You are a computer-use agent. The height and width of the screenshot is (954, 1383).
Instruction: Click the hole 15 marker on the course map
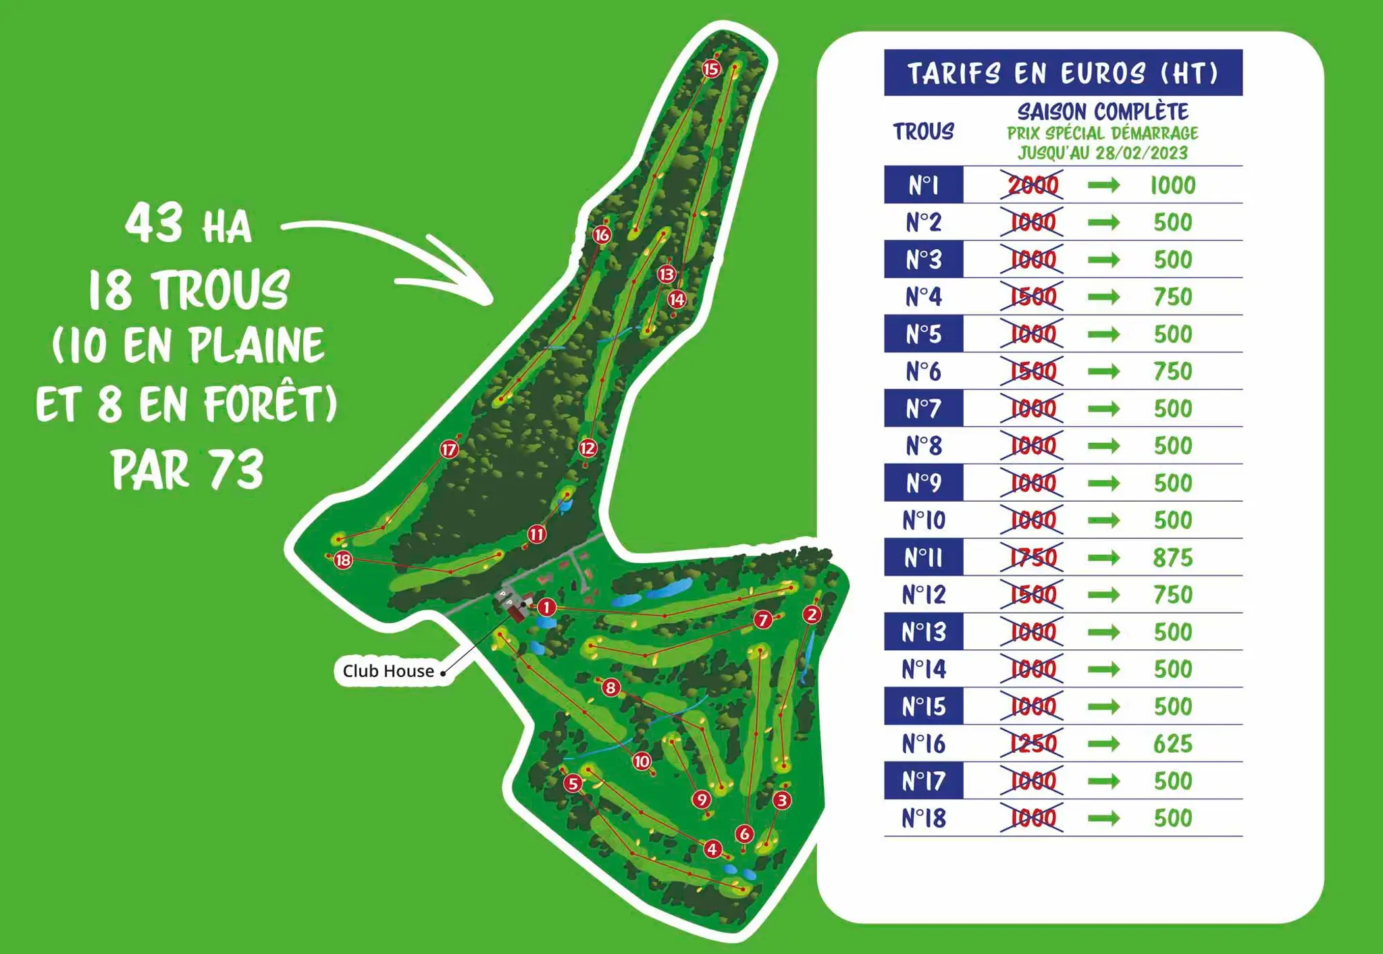(x=710, y=69)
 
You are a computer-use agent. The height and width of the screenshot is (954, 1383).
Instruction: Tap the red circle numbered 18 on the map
(x=343, y=560)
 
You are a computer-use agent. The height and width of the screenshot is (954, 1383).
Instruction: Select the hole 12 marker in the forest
(x=588, y=448)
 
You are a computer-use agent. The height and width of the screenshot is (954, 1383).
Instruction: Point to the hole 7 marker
(x=763, y=619)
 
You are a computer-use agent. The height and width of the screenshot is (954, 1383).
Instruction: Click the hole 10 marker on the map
(x=642, y=762)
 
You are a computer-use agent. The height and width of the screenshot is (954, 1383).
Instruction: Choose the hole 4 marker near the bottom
(x=712, y=849)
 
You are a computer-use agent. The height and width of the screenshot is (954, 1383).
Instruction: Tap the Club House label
(x=388, y=671)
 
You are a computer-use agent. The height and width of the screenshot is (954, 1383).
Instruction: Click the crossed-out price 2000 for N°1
(x=1033, y=185)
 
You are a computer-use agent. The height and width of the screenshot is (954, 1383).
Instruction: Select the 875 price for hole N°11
(x=1173, y=558)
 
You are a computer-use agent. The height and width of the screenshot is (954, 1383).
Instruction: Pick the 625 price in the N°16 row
(x=1173, y=744)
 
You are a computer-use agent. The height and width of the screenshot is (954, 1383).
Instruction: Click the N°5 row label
(x=923, y=334)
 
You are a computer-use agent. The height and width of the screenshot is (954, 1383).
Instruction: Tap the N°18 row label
(x=923, y=818)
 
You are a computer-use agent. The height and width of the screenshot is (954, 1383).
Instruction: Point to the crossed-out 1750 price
(x=1033, y=558)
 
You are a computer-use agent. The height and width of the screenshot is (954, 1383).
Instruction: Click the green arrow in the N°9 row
(x=1103, y=483)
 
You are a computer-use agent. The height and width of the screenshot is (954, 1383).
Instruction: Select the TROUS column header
(x=923, y=132)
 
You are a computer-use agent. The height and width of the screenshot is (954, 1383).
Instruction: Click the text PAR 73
(x=188, y=470)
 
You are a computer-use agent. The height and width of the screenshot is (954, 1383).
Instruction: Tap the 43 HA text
(x=188, y=224)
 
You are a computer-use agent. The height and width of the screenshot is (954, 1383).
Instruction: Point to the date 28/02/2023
(x=1141, y=153)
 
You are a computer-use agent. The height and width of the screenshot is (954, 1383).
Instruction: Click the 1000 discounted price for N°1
(x=1173, y=185)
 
